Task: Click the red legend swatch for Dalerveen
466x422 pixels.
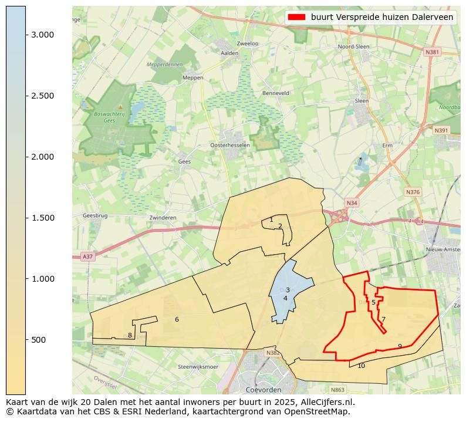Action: point(296,18)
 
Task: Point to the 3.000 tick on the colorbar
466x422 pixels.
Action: point(26,35)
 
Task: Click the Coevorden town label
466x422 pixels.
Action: point(264,390)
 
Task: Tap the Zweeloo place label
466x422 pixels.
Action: point(247,43)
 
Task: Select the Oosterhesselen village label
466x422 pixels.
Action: point(230,145)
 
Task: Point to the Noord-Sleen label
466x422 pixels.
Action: point(354,47)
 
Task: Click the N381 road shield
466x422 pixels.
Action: point(431,52)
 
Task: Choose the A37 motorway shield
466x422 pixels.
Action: point(87,256)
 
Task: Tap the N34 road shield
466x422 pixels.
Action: point(352,203)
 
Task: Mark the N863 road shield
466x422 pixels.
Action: point(337,390)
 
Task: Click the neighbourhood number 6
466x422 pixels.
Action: point(177,319)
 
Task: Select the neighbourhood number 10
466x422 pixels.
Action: point(361,366)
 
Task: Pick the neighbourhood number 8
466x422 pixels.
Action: point(130,335)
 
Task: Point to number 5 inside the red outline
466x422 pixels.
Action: point(373,302)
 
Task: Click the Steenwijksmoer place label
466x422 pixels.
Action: point(198,367)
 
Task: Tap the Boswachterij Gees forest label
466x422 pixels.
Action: point(109,117)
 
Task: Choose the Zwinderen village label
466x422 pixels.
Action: point(163,218)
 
